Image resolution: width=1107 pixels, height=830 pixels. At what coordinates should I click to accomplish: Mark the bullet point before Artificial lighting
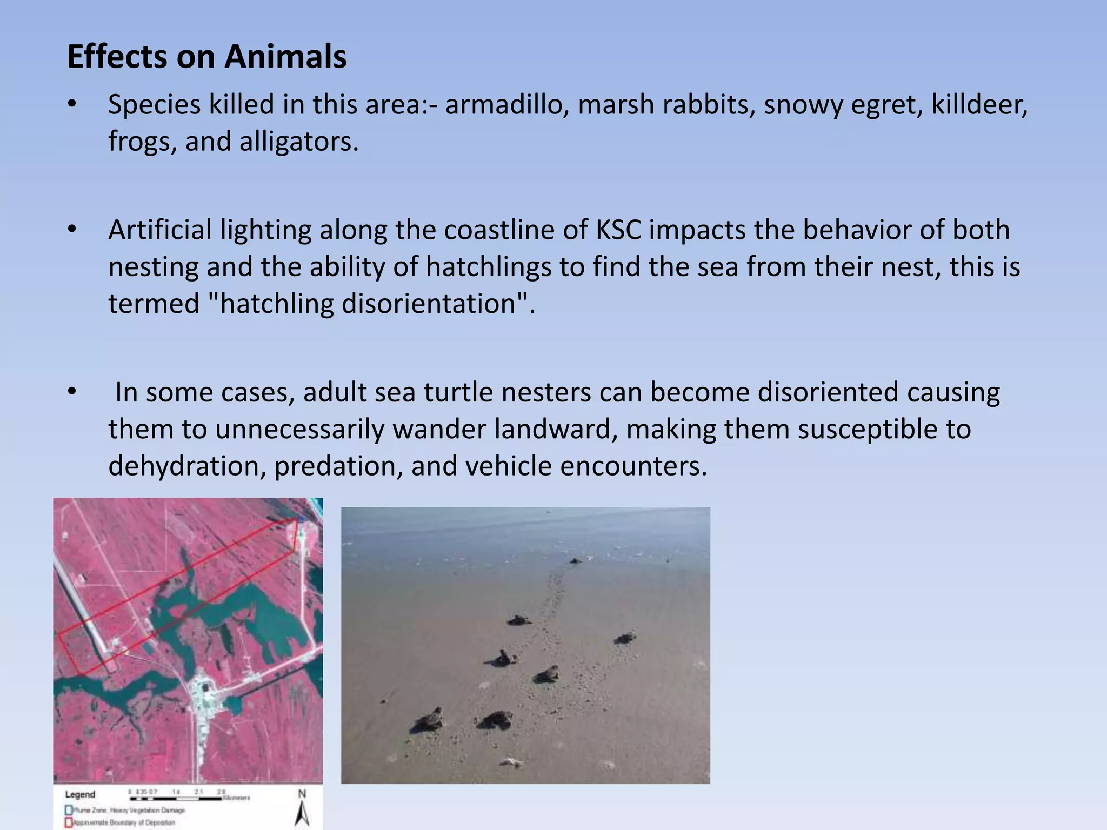coord(72,230)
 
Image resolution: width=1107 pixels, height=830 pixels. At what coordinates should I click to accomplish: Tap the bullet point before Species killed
coord(72,104)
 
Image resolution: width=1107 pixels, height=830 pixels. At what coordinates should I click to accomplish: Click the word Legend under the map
coord(80,794)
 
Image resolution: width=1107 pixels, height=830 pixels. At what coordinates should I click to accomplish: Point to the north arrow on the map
coord(302,811)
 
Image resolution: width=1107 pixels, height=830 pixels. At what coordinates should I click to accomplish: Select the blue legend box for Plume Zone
coord(69,810)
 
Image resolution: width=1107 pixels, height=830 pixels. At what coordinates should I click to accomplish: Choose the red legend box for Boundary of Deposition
coord(69,822)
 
